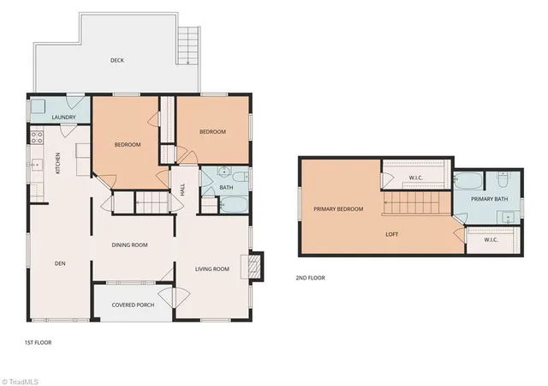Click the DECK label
(x=117, y=60)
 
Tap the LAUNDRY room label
(x=63, y=117)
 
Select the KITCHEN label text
(x=58, y=163)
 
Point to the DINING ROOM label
(x=129, y=244)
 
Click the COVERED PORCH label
(x=133, y=305)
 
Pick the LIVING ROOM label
(x=212, y=268)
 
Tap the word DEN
(x=60, y=263)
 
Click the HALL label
(x=182, y=190)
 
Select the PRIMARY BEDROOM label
(x=338, y=208)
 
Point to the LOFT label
(x=392, y=234)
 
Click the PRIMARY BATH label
(x=489, y=199)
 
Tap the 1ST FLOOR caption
(x=38, y=342)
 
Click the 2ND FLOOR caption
(x=310, y=278)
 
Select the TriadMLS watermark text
(x=20, y=382)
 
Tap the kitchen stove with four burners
(x=37, y=137)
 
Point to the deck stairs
(x=188, y=45)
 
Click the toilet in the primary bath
(x=502, y=180)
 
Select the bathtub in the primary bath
(x=468, y=180)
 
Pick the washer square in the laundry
(x=38, y=106)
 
